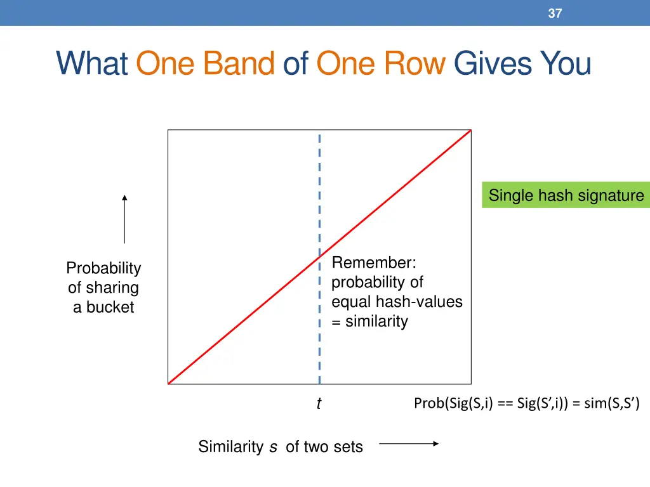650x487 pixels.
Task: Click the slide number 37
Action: click(555, 13)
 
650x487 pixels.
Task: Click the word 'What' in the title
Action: click(92, 64)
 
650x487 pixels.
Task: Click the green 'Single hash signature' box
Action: click(566, 195)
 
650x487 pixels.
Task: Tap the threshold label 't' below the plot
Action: click(319, 404)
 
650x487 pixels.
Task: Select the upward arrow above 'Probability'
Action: click(124, 219)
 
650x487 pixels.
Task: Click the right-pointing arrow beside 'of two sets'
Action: click(409, 444)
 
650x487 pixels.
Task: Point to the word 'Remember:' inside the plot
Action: click(374, 263)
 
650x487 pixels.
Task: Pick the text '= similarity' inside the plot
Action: click(369, 321)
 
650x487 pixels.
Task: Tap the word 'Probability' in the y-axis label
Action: click(103, 268)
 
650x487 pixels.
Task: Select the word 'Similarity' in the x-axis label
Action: click(230, 447)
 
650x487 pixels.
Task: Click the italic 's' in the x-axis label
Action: click(273, 447)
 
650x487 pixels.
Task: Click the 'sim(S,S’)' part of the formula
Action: click(611, 403)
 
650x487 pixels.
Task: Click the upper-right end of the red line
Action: click(470, 131)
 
